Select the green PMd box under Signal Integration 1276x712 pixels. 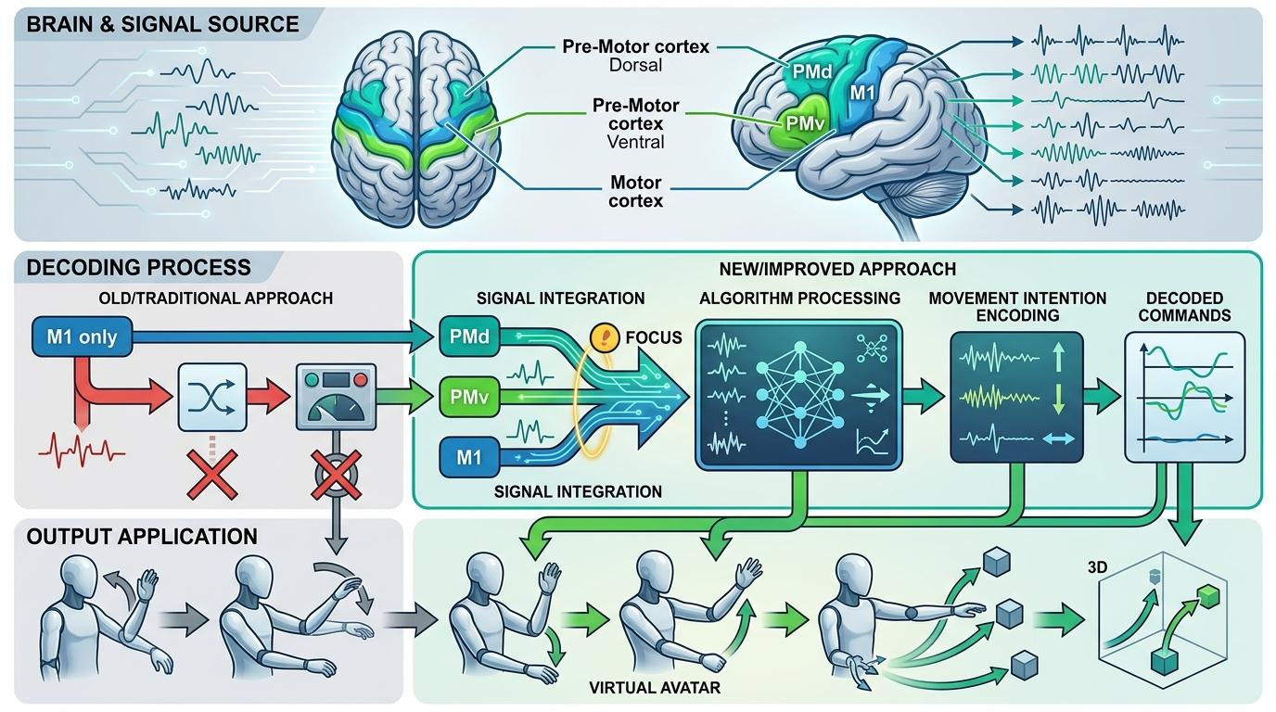(x=467, y=336)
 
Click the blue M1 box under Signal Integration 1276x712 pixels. (x=467, y=456)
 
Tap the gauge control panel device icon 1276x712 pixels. (x=335, y=397)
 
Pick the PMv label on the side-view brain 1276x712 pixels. (x=803, y=121)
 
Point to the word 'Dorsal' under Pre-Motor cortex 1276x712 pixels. (x=634, y=67)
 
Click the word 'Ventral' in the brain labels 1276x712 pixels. (x=634, y=143)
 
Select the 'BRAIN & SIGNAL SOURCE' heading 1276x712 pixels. (x=162, y=23)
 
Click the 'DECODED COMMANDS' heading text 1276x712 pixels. (x=1184, y=307)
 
